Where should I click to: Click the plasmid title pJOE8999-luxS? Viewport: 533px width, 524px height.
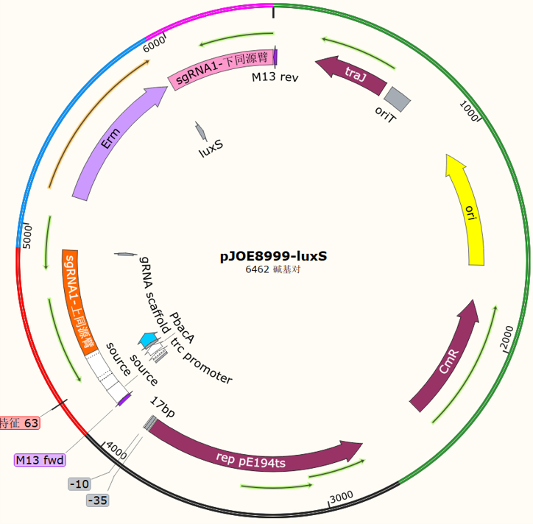click(273, 256)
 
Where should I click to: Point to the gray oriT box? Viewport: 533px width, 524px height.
click(398, 99)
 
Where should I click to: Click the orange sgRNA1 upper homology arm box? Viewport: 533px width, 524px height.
click(79, 302)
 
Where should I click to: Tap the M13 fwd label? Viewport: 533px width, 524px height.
click(40, 460)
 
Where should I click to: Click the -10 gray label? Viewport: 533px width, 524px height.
click(80, 484)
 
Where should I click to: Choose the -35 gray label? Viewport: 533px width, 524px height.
click(98, 500)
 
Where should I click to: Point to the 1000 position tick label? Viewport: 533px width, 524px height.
click(469, 111)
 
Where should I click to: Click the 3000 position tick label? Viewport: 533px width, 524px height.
click(342, 497)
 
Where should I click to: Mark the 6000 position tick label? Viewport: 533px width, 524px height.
click(154, 44)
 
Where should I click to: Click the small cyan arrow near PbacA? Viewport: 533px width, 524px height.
click(148, 339)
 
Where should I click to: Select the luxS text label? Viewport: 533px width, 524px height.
click(211, 149)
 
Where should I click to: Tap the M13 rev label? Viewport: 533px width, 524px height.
click(275, 77)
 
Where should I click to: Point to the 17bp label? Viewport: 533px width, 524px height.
click(163, 407)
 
